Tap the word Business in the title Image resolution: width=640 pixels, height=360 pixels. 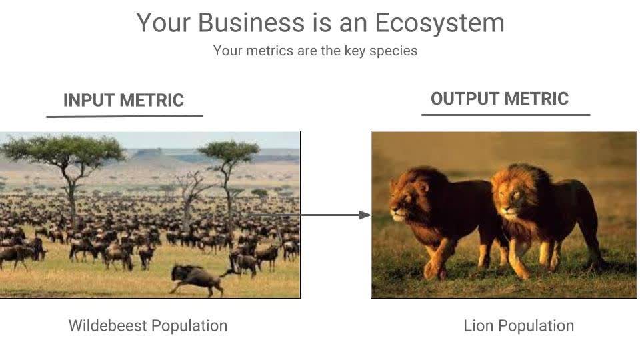pyautogui.click(x=251, y=23)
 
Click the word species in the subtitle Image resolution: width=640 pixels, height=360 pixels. pyautogui.click(x=393, y=51)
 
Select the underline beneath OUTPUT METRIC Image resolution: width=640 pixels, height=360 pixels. pyautogui.click(x=505, y=115)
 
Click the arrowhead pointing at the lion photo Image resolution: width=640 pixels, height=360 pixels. pyautogui.click(x=364, y=215)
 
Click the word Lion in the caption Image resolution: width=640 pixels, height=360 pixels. pyautogui.click(x=478, y=326)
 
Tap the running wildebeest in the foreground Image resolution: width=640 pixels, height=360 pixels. pyautogui.click(x=197, y=277)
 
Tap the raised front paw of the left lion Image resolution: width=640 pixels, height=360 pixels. pyautogui.click(x=433, y=270)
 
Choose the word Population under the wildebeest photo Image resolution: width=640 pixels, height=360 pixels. pyautogui.click(x=189, y=326)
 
